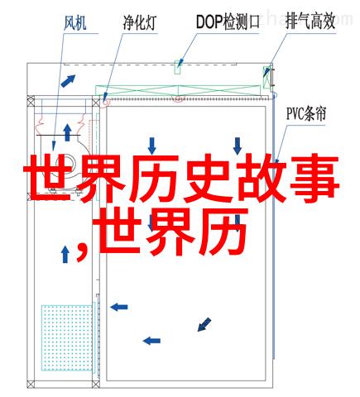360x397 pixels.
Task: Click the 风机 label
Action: tap(75, 23)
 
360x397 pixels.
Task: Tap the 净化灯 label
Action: tap(140, 22)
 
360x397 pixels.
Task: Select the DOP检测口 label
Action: tap(228, 22)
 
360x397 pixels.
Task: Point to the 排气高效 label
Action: tap(310, 22)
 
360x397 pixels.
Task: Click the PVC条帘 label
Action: tap(306, 114)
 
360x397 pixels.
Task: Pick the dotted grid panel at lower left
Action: tap(67, 337)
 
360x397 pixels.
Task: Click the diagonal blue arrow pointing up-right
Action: tap(68, 81)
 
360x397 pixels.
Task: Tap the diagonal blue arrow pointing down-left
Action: tap(204, 324)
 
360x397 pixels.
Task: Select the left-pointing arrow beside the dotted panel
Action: tap(119, 307)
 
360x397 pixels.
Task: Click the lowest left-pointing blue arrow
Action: tap(151, 341)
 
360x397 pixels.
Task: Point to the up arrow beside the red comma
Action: tap(65, 255)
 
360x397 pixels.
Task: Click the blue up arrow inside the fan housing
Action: tap(67, 132)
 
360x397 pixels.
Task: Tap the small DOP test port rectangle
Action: tap(177, 67)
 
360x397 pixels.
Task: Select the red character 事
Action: tap(314, 179)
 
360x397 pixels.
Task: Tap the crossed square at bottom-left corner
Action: tap(31, 384)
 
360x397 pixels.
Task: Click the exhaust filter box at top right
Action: tap(266, 77)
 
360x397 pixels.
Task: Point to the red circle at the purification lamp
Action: tap(106, 103)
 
